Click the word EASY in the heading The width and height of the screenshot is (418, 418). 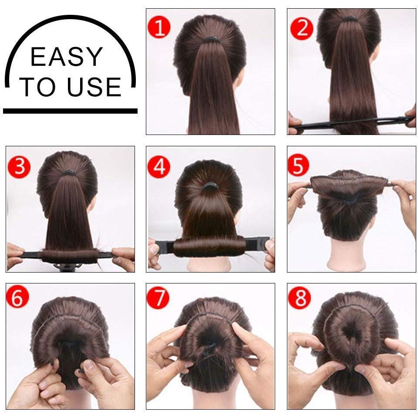pyautogui.click(x=67, y=57)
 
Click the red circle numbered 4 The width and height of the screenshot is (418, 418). pyautogui.click(x=159, y=167)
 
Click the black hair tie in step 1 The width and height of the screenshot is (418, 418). pyautogui.click(x=211, y=40)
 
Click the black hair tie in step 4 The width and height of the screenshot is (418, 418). pyautogui.click(x=210, y=186)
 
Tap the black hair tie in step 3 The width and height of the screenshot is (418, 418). pyautogui.click(x=68, y=173)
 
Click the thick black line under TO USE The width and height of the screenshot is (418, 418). pyautogui.click(x=70, y=111)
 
